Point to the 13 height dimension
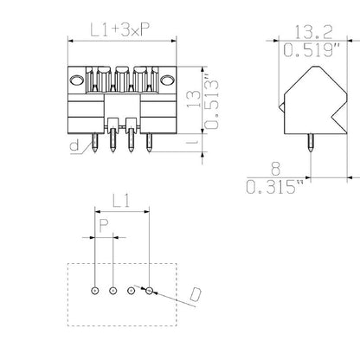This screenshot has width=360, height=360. (194, 99)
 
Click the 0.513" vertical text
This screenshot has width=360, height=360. (210, 98)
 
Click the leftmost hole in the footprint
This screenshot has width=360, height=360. (94, 291)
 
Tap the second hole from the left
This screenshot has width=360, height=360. (112, 291)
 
